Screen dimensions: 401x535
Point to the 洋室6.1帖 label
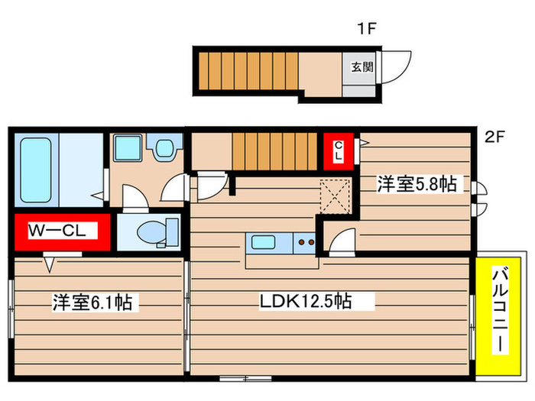(92, 302)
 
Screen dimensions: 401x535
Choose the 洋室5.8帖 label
(417, 183)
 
